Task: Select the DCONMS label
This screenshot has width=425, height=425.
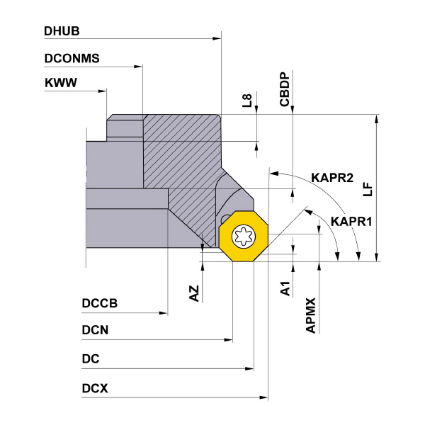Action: point(72,58)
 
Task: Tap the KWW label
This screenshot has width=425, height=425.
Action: point(60,83)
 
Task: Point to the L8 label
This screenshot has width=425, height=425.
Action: point(246,101)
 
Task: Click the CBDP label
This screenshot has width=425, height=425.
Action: point(285,89)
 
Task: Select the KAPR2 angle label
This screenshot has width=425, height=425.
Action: point(331,178)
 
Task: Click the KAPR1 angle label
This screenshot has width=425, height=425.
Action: point(351,221)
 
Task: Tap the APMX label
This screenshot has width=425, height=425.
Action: point(310,315)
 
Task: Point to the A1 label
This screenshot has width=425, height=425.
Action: point(285,288)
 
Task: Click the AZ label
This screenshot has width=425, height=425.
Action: point(194,293)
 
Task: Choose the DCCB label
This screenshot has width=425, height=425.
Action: point(100,304)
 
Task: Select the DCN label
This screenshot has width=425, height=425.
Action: point(95,330)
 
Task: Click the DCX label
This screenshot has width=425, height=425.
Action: point(95,388)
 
